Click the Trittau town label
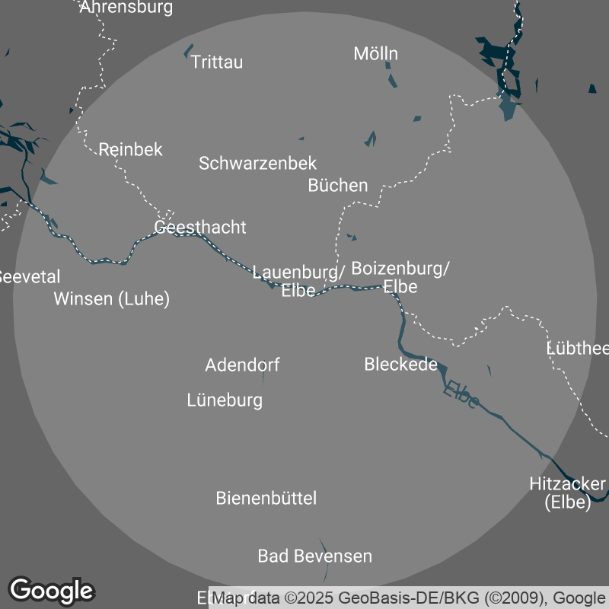pyautogui.click(x=217, y=62)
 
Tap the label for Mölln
pyautogui.click(x=376, y=53)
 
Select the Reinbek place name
pyautogui.click(x=131, y=149)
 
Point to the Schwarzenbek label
pyautogui.click(x=257, y=163)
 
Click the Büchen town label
pyautogui.click(x=338, y=185)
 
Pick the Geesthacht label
pyautogui.click(x=200, y=227)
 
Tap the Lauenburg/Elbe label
pyautogui.click(x=298, y=280)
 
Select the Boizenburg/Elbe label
pyautogui.click(x=400, y=277)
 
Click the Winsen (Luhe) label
pyautogui.click(x=111, y=298)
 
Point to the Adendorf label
pyautogui.click(x=242, y=365)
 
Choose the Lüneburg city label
pyautogui.click(x=225, y=400)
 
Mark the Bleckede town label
pyautogui.click(x=400, y=364)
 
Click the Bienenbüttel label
pyautogui.click(x=266, y=499)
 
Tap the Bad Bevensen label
pyautogui.click(x=315, y=556)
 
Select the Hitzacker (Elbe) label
pyautogui.click(x=568, y=493)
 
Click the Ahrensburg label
pyautogui.click(x=126, y=8)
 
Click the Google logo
pyautogui.click(x=52, y=590)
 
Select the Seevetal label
pyautogui.click(x=29, y=276)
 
